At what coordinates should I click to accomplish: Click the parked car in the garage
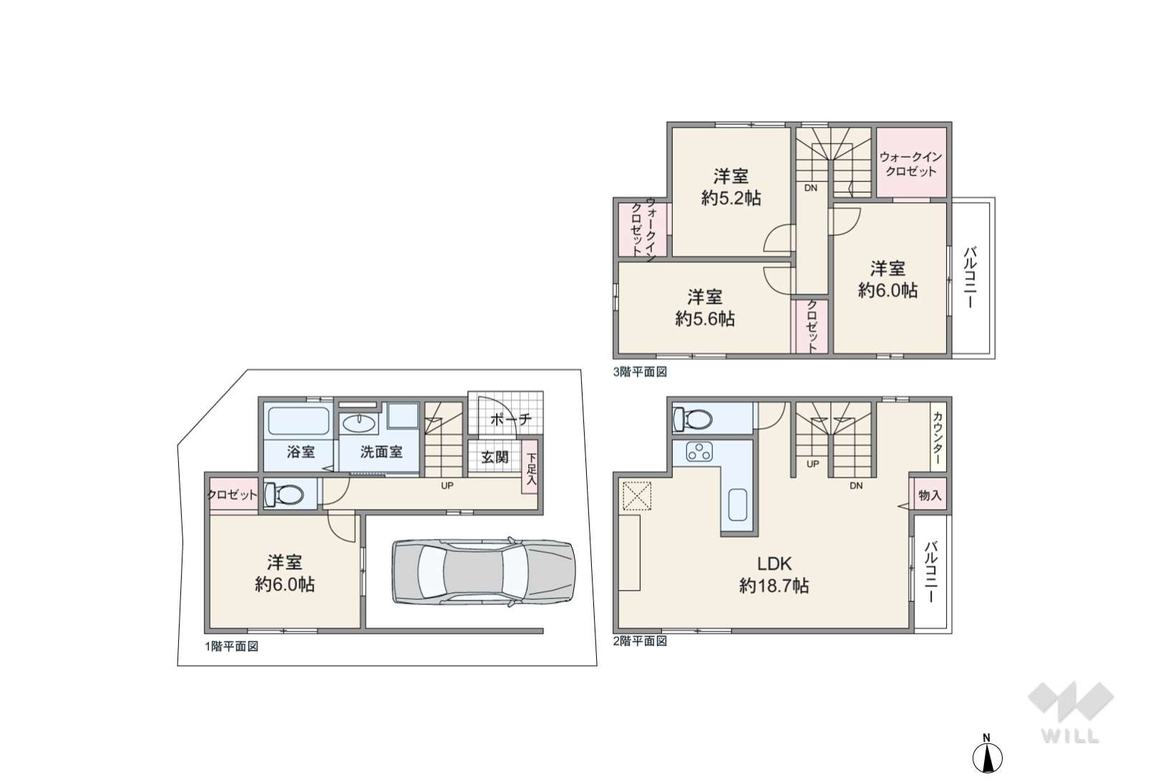[483, 572]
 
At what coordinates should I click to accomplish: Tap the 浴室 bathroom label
[301, 451]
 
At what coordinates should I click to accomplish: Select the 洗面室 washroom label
[381, 451]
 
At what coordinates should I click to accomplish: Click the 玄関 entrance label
[495, 457]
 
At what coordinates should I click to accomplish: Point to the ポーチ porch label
[511, 419]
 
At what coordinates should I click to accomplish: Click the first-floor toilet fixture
[284, 494]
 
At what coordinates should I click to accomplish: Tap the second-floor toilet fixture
[693, 419]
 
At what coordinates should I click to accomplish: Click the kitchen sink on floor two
[737, 505]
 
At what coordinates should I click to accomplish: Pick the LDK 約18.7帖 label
[774, 575]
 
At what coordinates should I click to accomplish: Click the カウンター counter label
[938, 438]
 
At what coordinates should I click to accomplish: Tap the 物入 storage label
[930, 494]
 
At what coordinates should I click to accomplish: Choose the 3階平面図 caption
[640, 371]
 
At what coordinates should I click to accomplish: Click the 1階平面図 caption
[231, 647]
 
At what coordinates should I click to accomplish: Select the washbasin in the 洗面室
[359, 423]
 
